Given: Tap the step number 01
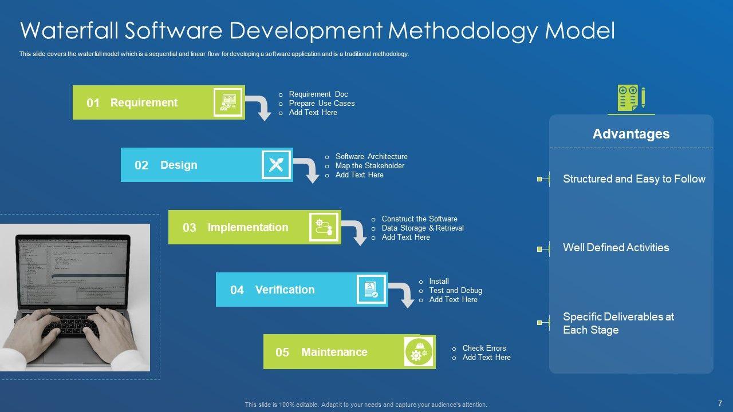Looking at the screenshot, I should [x=93, y=103].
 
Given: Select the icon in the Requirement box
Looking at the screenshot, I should [x=228, y=102].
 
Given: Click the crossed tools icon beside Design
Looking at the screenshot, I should [x=276, y=165].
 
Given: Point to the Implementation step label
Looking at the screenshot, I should [x=248, y=227].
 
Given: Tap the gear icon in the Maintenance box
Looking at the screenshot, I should [x=419, y=352].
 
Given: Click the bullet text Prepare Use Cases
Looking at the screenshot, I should [x=322, y=104].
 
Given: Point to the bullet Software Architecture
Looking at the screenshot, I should [x=372, y=157].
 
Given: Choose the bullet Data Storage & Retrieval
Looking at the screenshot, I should [x=423, y=228].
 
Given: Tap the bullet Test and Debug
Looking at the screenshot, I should [x=456, y=291].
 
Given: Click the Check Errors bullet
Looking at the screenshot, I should [x=484, y=348].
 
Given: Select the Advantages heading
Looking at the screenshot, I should [x=631, y=134].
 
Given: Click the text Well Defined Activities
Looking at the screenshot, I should [x=616, y=248].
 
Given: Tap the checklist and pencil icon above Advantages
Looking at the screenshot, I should [x=631, y=98].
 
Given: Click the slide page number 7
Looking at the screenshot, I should [x=719, y=403].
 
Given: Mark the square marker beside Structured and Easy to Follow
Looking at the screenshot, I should [x=539, y=179].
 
